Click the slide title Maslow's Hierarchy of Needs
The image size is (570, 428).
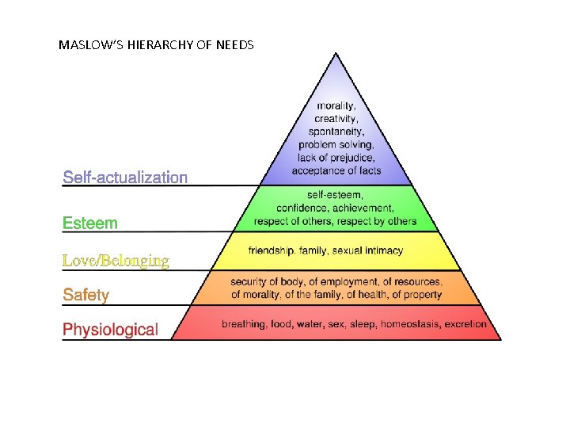click(156, 45)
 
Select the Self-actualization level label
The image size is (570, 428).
click(125, 178)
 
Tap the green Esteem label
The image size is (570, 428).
click(90, 223)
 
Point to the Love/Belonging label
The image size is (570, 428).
click(116, 260)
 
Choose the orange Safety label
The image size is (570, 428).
click(86, 295)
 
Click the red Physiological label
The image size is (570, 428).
click(110, 329)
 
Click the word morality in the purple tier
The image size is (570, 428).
click(336, 105)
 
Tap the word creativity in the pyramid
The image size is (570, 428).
click(336, 118)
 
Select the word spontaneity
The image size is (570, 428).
click(336, 132)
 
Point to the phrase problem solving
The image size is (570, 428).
click(336, 145)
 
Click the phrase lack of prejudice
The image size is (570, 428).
click(336, 158)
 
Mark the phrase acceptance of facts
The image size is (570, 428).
click(336, 170)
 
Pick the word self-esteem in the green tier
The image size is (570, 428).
click(336, 195)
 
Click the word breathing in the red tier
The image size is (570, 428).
click(242, 325)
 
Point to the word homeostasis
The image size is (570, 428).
click(409, 325)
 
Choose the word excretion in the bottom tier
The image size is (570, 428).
click(466, 325)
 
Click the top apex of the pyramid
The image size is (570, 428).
click(336, 54)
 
